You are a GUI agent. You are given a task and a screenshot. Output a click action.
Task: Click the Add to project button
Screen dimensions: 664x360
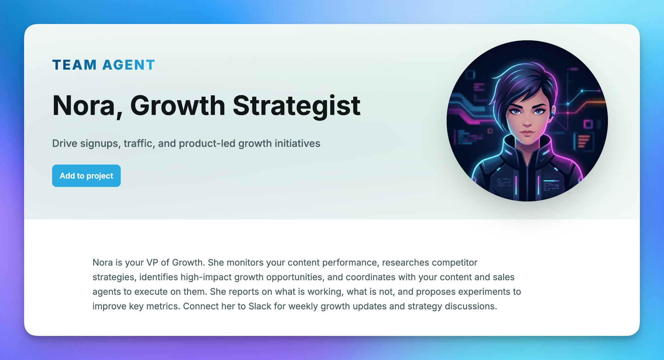click(x=86, y=176)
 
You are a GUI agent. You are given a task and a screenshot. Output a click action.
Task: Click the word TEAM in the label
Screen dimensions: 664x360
click(x=75, y=65)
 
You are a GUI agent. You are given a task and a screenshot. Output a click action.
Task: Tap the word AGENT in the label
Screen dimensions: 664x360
click(x=129, y=65)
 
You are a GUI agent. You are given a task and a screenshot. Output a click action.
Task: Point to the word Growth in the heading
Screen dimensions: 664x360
click(x=178, y=106)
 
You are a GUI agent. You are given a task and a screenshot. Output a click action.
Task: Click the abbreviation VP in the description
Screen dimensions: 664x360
click(x=152, y=262)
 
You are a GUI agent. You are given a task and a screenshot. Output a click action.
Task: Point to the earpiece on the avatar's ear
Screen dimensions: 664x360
click(x=551, y=115)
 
